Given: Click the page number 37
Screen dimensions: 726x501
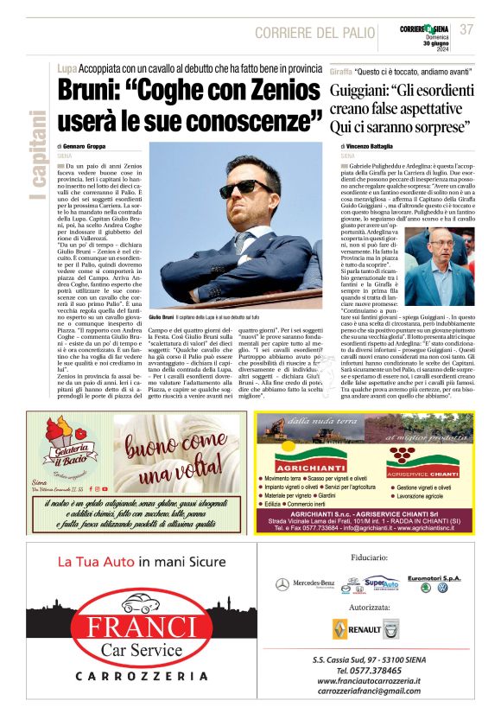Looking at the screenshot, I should (x=466, y=29).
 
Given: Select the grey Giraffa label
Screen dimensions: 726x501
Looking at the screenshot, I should (x=342, y=67).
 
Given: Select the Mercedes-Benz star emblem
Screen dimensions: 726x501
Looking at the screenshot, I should (x=282, y=585).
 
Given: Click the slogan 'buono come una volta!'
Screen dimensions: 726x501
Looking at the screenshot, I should (x=180, y=460).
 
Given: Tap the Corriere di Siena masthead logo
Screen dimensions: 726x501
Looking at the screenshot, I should (x=424, y=29).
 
